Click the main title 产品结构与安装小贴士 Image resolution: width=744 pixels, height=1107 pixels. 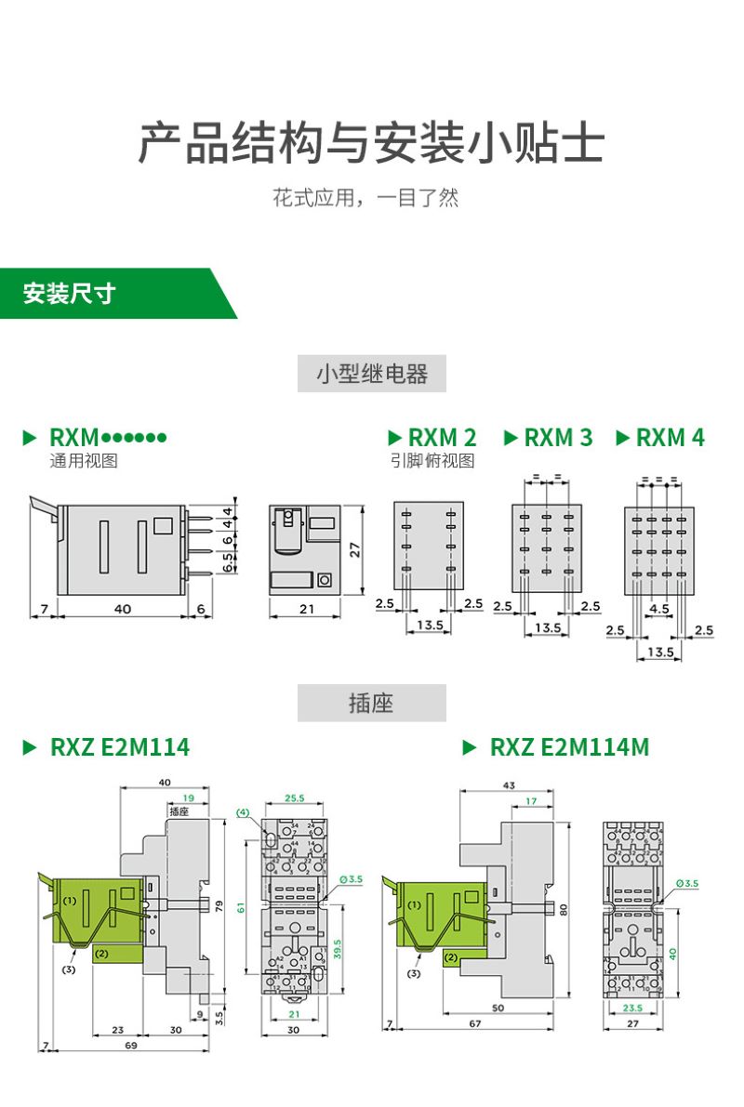[372, 144]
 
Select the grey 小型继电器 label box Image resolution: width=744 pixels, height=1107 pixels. [372, 374]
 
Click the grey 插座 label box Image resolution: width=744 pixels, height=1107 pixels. [372, 704]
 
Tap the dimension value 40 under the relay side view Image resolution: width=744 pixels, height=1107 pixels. [123, 608]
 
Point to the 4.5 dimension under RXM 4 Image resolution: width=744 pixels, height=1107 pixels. [658, 610]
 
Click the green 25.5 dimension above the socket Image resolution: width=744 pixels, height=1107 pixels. [295, 798]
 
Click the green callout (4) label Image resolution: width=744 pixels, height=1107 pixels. [245, 812]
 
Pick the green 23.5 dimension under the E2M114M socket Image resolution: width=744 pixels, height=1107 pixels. [633, 1008]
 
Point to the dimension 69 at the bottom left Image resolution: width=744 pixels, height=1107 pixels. [129, 1047]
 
